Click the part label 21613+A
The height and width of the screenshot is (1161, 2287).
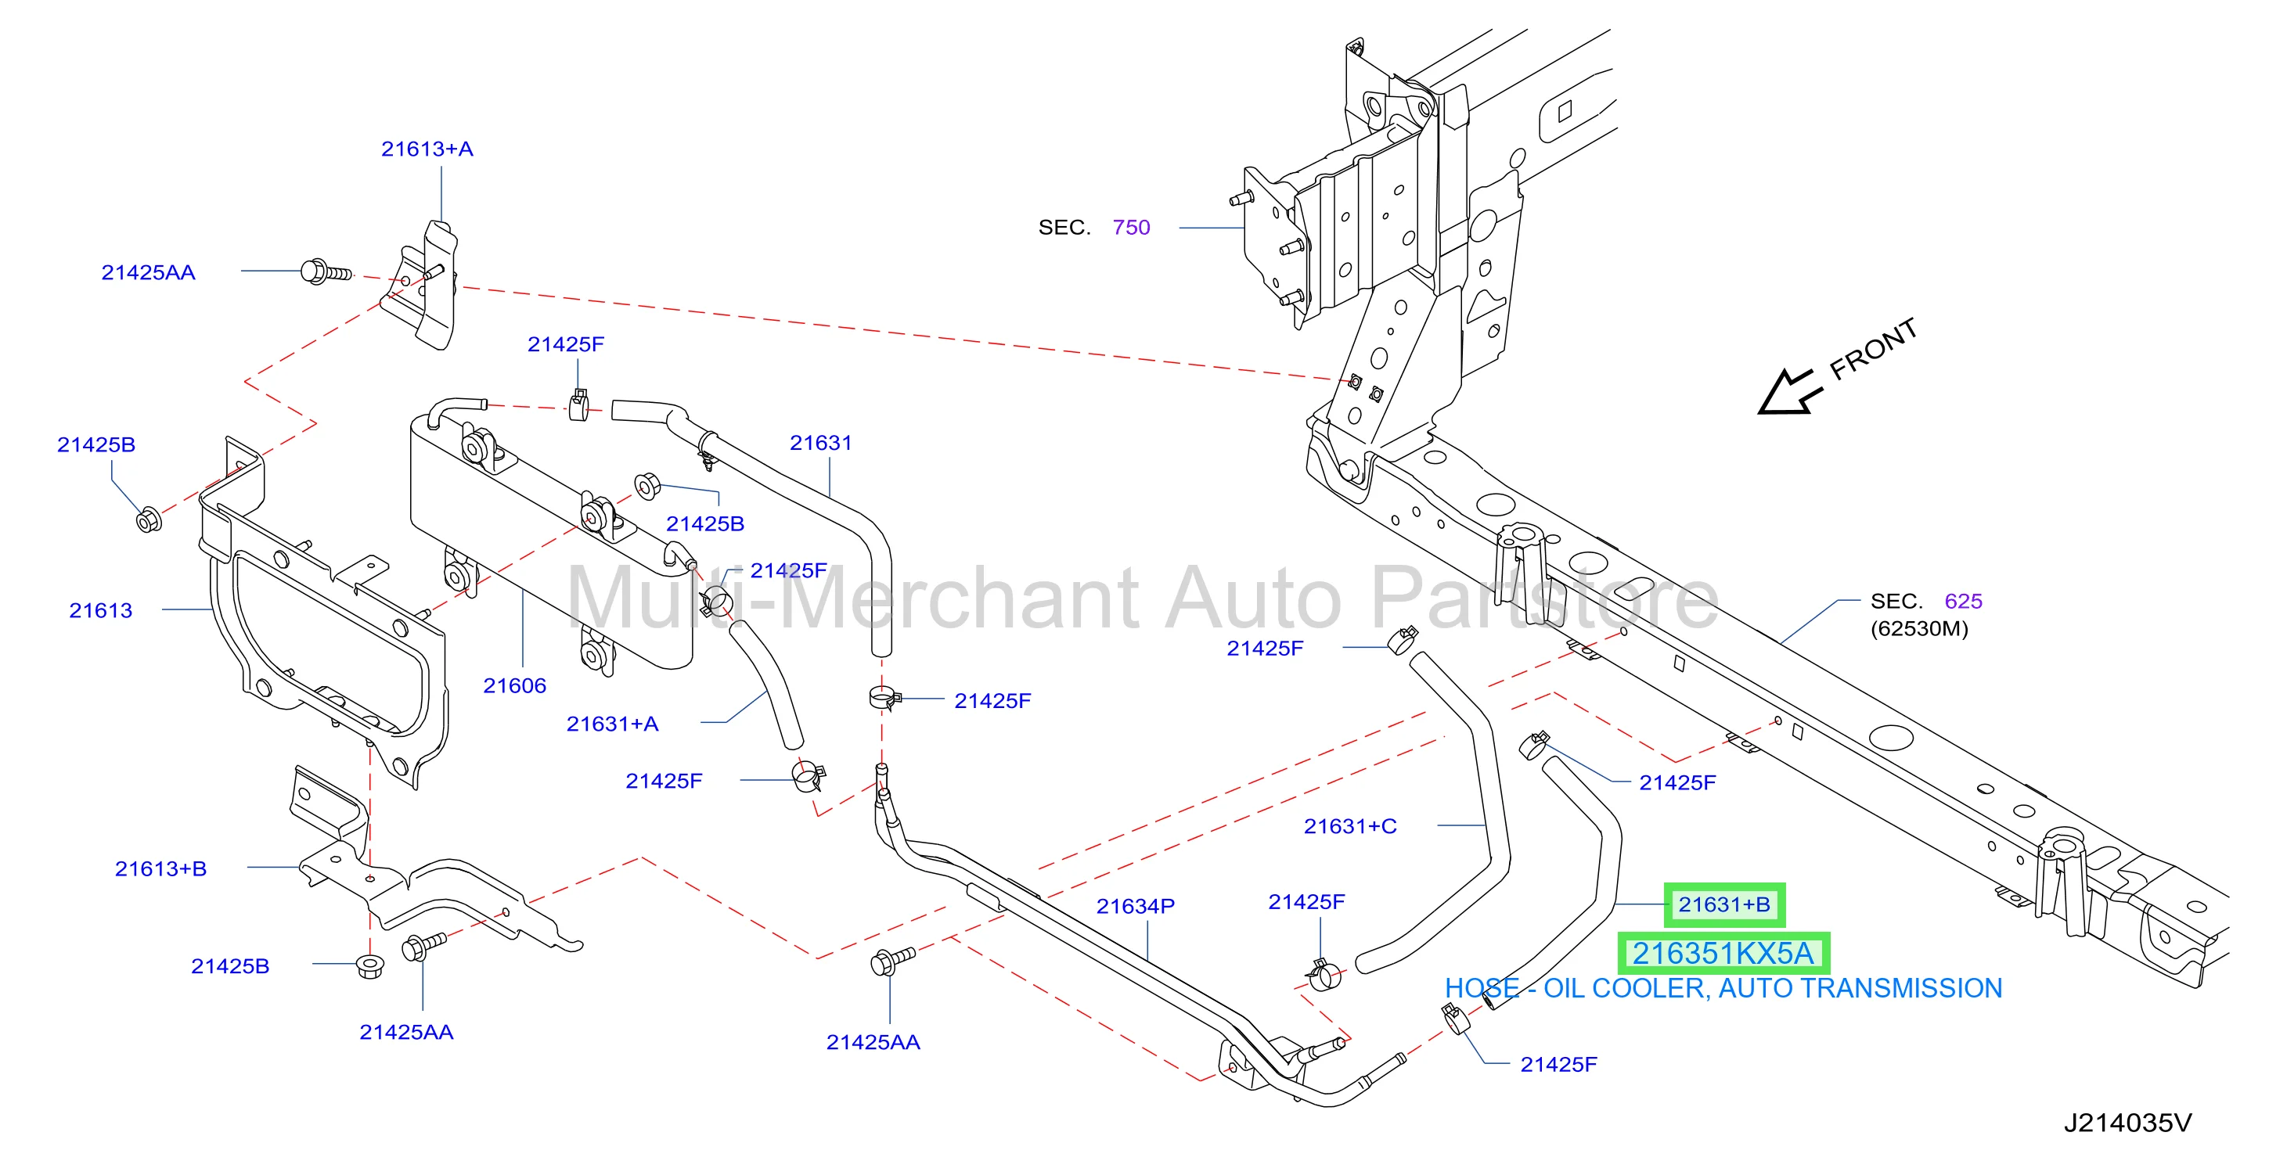(427, 149)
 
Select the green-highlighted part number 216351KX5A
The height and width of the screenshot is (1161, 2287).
(1723, 954)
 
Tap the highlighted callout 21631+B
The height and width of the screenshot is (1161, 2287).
(1724, 904)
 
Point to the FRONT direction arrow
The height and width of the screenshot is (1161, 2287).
(1789, 392)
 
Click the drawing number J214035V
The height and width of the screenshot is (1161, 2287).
(2127, 1123)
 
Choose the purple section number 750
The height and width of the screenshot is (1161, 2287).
(1131, 227)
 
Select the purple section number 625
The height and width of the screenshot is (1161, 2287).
(1963, 601)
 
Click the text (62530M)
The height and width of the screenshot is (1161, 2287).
(1919, 629)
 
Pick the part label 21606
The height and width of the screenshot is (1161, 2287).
(515, 685)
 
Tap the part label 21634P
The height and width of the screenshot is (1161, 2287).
(1136, 906)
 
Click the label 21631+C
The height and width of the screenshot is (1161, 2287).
(1350, 826)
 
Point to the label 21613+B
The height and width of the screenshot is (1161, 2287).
(160, 869)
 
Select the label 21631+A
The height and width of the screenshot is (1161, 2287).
(613, 724)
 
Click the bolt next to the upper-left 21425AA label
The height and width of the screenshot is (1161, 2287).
(326, 271)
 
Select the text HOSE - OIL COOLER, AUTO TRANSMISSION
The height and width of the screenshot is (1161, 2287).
(1723, 988)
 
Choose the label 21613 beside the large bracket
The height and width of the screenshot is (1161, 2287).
(101, 611)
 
